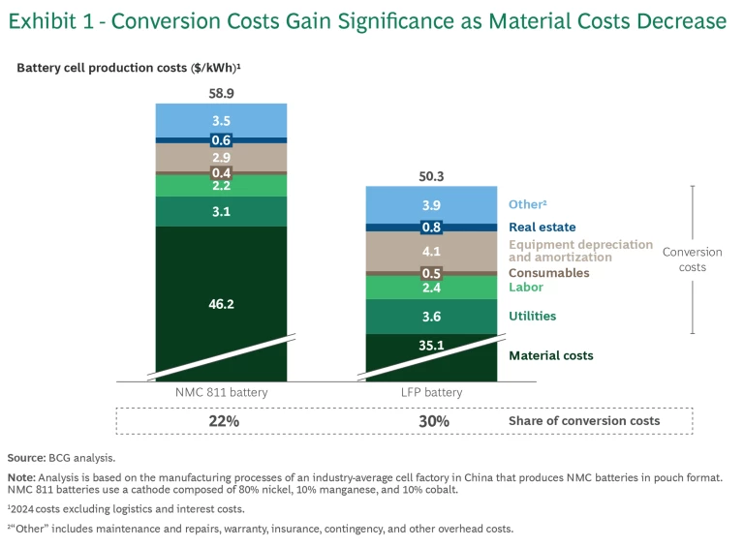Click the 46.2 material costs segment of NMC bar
coord(221,303)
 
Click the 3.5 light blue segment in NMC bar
coord(221,121)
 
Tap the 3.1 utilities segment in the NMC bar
coord(221,211)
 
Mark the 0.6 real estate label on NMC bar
coord(221,140)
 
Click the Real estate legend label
coord(542,228)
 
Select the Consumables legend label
coord(548,273)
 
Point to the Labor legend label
coord(526,288)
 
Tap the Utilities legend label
coord(532,317)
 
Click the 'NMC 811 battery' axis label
coord(221,393)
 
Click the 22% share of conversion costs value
coord(221,421)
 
